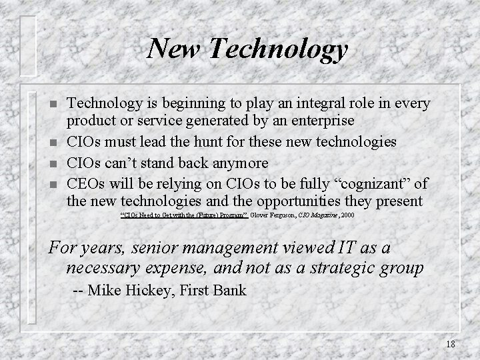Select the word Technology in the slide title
coord(275,49)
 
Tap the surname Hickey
coord(151,291)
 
